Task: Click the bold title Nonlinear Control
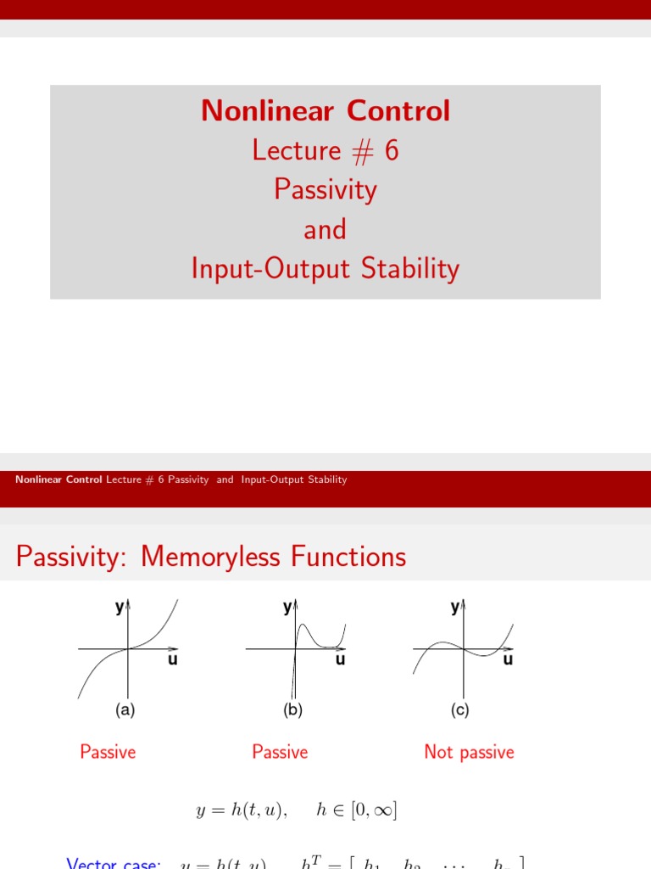(325, 111)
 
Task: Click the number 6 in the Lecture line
(391, 150)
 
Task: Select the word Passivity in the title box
(325, 189)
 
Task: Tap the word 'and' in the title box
(325, 229)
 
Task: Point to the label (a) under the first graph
(125, 711)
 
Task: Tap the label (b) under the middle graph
(293, 711)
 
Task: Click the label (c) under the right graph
(460, 711)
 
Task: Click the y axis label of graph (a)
(120, 607)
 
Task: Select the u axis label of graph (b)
(340, 660)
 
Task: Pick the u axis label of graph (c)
(508, 660)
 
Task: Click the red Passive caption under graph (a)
(108, 752)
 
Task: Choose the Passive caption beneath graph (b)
(280, 752)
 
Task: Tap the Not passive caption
(469, 752)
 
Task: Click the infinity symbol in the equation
(379, 811)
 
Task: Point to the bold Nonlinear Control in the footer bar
(58, 479)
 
